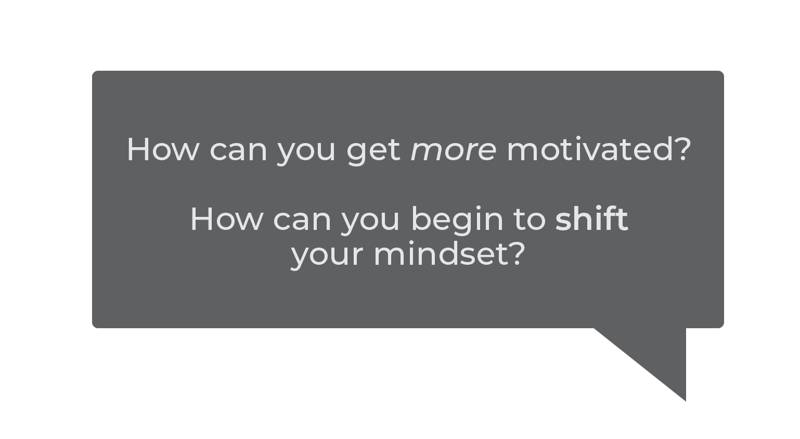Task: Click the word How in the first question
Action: pos(163,149)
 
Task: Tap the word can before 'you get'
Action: pos(239,152)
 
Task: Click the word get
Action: pos(373,152)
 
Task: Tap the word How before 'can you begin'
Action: pos(226,219)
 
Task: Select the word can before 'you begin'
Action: pos(302,222)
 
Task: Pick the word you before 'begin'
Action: pos(370,224)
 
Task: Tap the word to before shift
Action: pos(530,221)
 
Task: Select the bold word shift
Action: pos(592,218)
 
